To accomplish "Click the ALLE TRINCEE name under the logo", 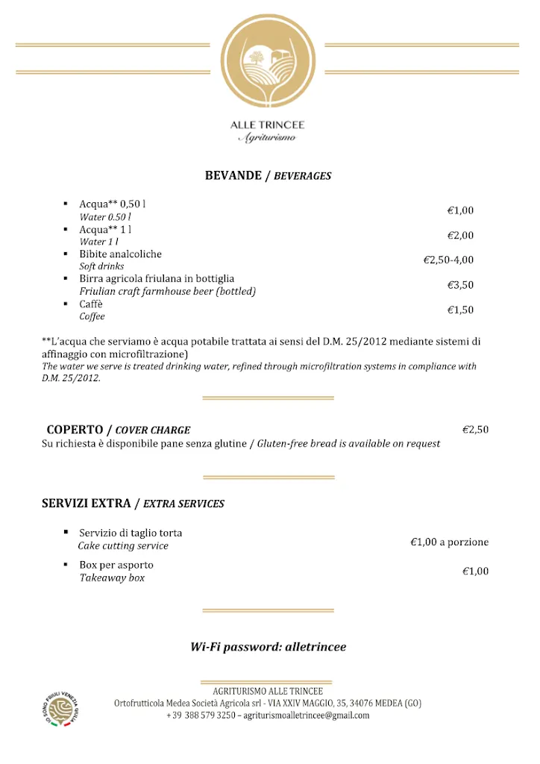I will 267,125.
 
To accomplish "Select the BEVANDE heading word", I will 233,176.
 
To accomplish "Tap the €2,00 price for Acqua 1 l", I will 460,236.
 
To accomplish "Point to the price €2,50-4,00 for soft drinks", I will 448,260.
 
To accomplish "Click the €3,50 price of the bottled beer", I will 460,285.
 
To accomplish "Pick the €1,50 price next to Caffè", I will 460,310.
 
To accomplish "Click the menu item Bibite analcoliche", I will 120,254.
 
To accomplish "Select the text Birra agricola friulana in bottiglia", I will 157,279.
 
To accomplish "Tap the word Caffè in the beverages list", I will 91,304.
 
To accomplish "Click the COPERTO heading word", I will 75,430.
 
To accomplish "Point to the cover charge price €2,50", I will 475,430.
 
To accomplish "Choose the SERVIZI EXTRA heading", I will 86,504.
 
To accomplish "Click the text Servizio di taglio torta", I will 131,533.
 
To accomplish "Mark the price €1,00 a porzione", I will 449,542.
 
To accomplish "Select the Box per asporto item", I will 116,566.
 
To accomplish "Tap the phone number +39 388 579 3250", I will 201,716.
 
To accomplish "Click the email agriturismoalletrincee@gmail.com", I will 310,716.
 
